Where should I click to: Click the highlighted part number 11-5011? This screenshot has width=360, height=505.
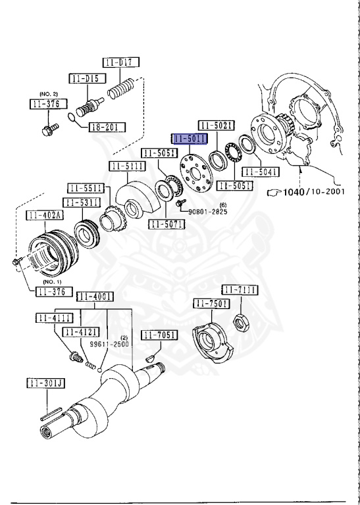pos(190,139)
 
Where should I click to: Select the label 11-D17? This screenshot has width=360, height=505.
pos(120,63)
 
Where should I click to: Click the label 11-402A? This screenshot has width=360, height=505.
pos(43,215)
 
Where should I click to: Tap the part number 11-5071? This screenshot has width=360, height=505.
pos(167,224)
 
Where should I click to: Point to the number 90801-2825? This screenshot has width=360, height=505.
pos(209,212)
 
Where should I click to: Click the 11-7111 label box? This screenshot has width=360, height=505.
pos(239,289)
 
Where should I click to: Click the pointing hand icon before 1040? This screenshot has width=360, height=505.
pos(272,193)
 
